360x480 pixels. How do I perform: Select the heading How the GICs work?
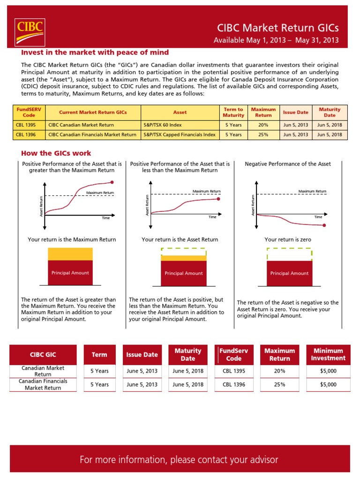tap(56, 153)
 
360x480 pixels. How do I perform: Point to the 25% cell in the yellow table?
tap(263, 135)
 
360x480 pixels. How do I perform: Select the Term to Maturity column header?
tap(233, 112)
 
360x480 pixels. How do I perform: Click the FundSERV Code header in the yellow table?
tap(29, 112)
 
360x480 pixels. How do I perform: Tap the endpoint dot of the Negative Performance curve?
tap(325, 225)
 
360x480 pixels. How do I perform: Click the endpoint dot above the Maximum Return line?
tap(112, 182)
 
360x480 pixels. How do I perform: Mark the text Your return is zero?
tap(288, 240)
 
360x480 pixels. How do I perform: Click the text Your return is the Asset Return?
tap(180, 240)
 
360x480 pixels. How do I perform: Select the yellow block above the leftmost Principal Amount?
tap(70, 254)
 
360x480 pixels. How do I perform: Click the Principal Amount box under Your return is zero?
tap(289, 273)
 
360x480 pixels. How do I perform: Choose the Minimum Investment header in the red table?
tap(328, 354)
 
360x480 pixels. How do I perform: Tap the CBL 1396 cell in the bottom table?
tap(234, 384)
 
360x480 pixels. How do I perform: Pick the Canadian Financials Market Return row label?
tap(43, 384)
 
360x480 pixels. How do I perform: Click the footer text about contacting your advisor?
tap(179, 459)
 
